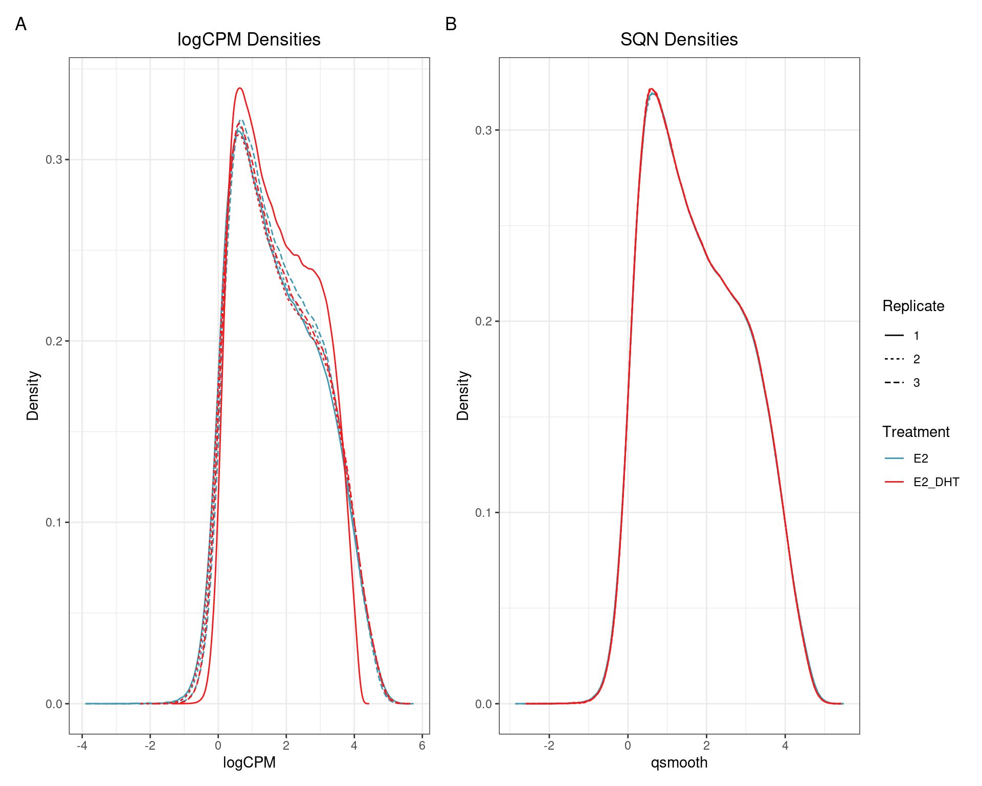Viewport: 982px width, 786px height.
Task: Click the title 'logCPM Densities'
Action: click(249, 39)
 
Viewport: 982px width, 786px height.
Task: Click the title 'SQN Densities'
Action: click(679, 39)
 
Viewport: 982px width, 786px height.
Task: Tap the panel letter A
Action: click(20, 24)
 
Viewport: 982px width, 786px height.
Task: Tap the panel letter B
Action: click(451, 24)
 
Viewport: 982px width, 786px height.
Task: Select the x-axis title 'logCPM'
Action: click(249, 762)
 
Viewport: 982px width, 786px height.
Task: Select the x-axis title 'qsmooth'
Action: click(679, 762)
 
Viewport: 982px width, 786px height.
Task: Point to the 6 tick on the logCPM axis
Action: click(422, 746)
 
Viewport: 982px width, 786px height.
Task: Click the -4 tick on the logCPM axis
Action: click(82, 746)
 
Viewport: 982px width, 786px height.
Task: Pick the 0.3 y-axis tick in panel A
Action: click(53, 160)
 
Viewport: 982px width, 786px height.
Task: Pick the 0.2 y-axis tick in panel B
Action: click(483, 321)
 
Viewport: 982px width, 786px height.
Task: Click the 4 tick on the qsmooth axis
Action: click(785, 746)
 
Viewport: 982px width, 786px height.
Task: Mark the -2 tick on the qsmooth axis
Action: click(549, 746)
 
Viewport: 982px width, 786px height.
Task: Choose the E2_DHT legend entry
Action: click(936, 482)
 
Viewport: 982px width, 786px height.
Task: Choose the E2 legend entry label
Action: click(921, 458)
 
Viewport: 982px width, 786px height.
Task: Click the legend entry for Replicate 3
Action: click(916, 383)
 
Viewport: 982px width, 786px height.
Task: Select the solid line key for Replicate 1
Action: click(894, 336)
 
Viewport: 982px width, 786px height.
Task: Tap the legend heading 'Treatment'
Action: click(916, 432)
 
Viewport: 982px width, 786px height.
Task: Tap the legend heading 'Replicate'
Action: click(913, 306)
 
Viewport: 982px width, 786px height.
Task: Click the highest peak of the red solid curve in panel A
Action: click(239, 88)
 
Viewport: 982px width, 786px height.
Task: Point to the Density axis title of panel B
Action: click(463, 396)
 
